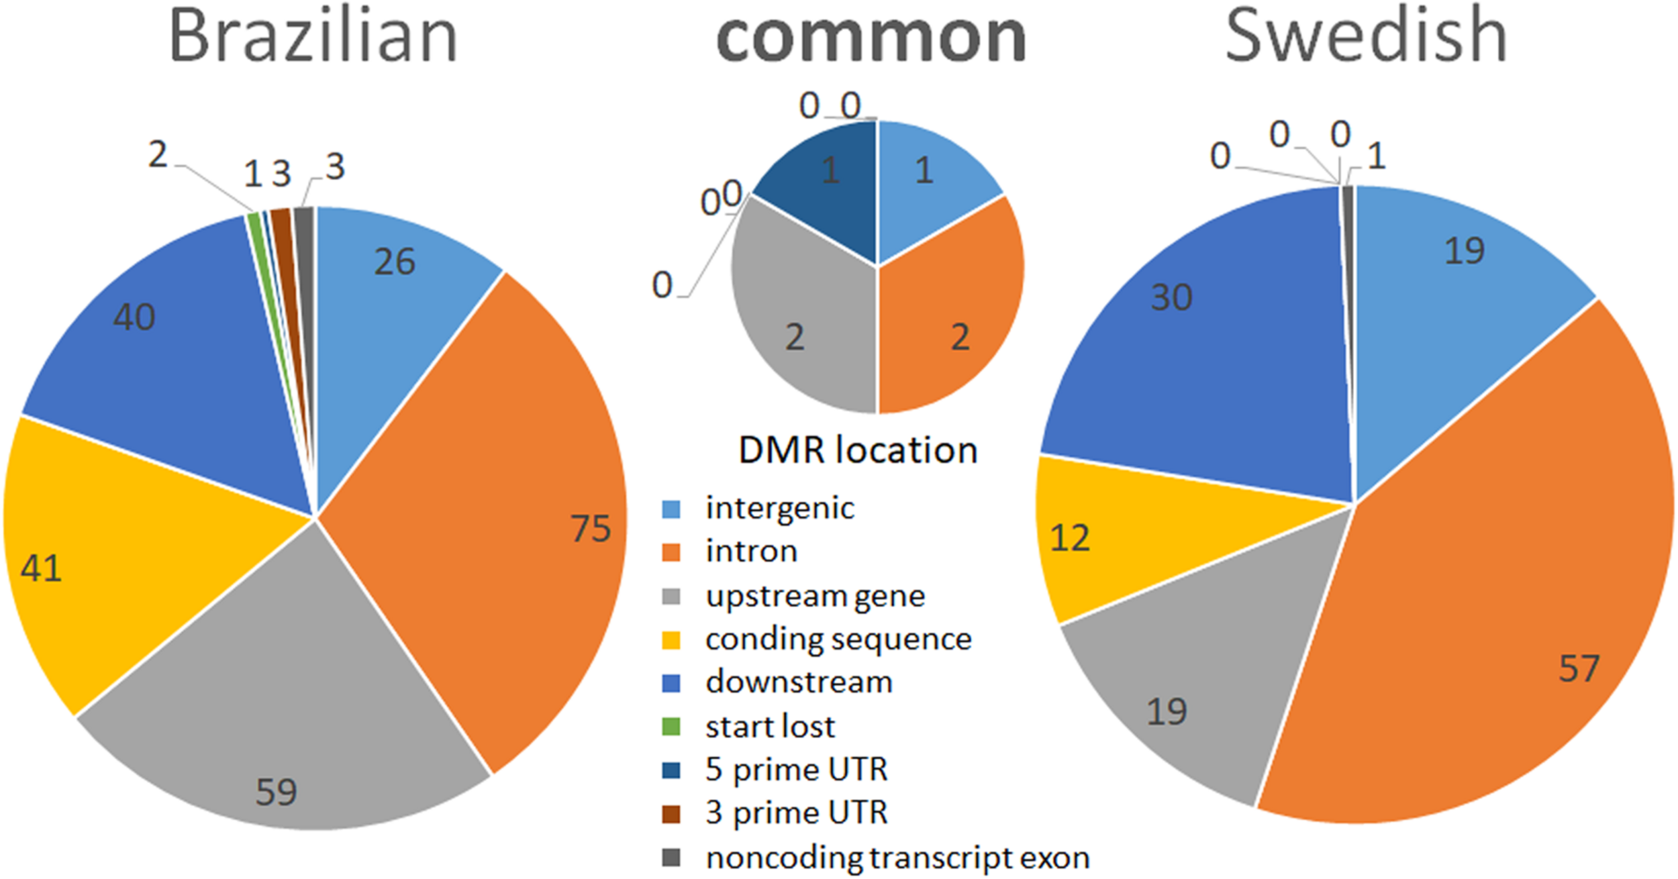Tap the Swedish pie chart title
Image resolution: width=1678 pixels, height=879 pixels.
coord(1367,35)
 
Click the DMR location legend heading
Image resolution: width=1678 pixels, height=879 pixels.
coord(857,450)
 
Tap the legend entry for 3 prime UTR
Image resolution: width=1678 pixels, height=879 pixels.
coord(796,813)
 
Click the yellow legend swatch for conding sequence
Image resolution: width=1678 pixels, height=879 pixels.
coord(671,640)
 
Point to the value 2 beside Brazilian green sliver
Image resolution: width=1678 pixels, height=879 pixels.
coord(158,156)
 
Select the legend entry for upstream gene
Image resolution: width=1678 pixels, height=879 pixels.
coord(814,596)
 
